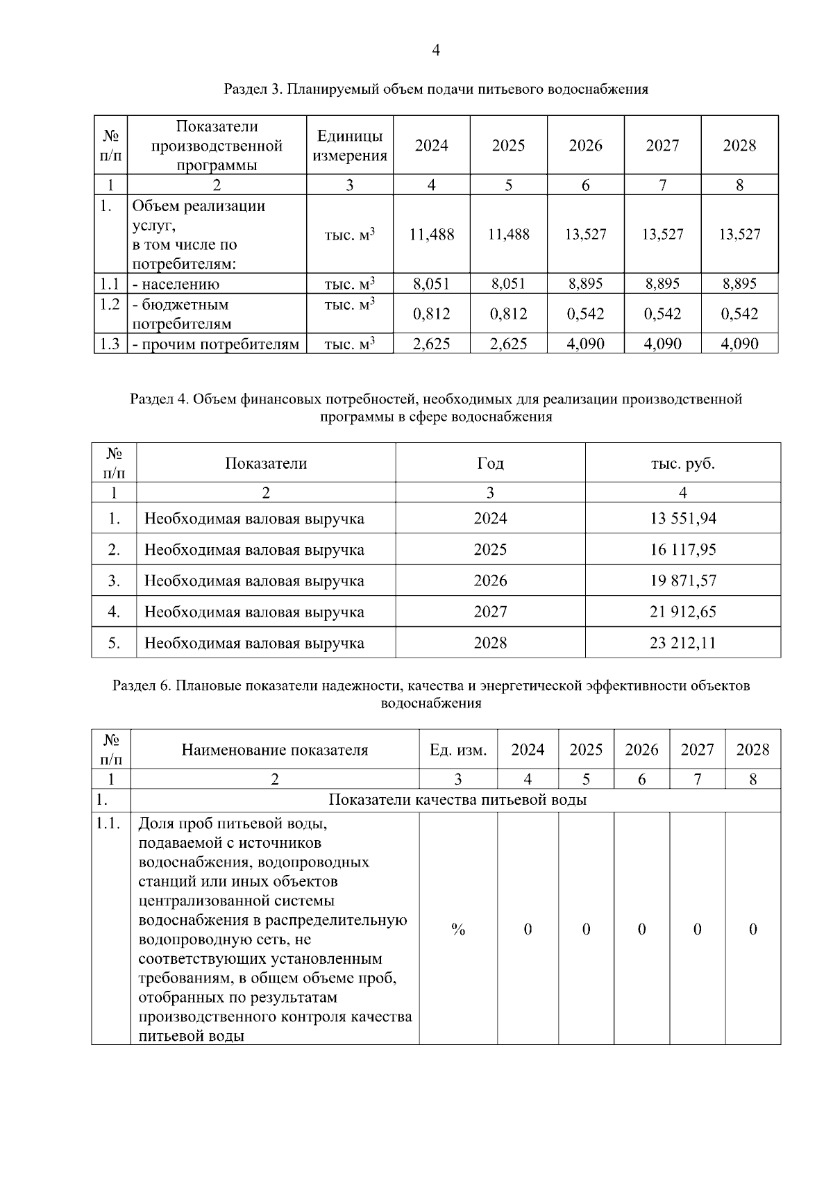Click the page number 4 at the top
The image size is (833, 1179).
click(x=435, y=50)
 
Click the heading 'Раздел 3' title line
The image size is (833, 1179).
click(x=435, y=90)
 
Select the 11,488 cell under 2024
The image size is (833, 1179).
click(x=431, y=235)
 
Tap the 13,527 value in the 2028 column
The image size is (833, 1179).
click(x=739, y=235)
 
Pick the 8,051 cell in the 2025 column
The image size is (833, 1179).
click(x=508, y=284)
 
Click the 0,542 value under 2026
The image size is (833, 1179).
click(x=585, y=314)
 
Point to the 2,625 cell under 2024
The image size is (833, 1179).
click(x=431, y=344)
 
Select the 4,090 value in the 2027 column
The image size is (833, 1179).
click(x=662, y=344)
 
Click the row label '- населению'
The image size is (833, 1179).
click(x=176, y=284)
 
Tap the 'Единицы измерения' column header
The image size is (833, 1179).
click(x=349, y=146)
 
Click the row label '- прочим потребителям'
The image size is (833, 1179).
click(x=216, y=344)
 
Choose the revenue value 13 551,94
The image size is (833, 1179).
click(x=682, y=519)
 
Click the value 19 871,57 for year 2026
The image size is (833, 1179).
click(x=682, y=581)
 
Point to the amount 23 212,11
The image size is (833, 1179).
click(x=682, y=643)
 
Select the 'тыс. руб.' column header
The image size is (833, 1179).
click(x=682, y=464)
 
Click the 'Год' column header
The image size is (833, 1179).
click(x=490, y=464)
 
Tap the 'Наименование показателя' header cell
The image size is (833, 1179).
click(x=275, y=750)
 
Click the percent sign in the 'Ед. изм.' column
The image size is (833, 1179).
click(x=458, y=930)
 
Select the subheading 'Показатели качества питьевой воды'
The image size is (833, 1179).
click(x=457, y=800)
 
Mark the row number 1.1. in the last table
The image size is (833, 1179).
click(x=110, y=824)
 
